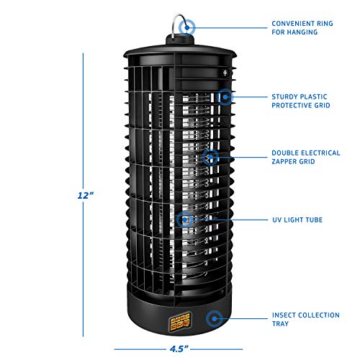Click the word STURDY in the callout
coord(284,94)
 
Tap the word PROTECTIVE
coord(292,105)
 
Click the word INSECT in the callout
coord(284,315)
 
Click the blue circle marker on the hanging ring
coord(188,27)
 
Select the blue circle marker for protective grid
coord(225,95)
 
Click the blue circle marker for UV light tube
coord(186,219)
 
